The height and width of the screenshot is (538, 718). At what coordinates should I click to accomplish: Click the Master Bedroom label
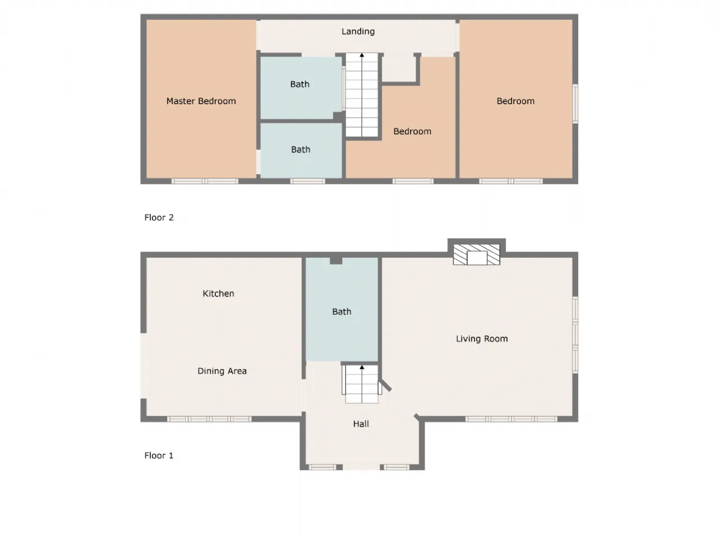201,101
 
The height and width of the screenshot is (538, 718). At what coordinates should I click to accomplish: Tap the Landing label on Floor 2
358,32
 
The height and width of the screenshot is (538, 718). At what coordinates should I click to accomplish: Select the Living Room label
481,338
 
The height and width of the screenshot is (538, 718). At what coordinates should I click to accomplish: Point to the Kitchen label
218,293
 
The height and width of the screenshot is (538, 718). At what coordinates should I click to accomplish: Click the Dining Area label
222,371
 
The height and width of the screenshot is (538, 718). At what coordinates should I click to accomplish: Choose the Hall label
361,424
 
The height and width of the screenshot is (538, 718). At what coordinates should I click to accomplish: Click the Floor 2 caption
159,217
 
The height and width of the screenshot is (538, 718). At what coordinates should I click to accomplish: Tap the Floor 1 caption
159,456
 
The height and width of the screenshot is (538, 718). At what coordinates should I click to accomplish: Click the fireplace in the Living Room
476,254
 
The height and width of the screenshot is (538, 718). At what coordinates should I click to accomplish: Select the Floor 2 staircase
362,95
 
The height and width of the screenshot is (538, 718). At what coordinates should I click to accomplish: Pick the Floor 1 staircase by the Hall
362,384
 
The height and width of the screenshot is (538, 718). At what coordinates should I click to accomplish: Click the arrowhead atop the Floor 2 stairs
362,55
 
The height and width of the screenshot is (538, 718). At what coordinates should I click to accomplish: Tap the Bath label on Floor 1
342,312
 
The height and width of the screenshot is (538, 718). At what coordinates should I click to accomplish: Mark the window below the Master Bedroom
205,181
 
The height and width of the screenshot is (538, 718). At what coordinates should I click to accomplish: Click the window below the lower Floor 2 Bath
307,181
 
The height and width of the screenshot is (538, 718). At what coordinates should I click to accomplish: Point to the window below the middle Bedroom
413,181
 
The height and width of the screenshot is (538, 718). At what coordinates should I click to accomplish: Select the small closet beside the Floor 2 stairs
399,68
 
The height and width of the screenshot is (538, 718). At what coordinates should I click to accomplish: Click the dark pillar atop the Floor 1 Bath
336,261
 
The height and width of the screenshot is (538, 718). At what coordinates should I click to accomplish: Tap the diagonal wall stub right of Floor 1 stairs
385,385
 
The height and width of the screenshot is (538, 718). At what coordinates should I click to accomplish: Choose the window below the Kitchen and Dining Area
209,419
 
